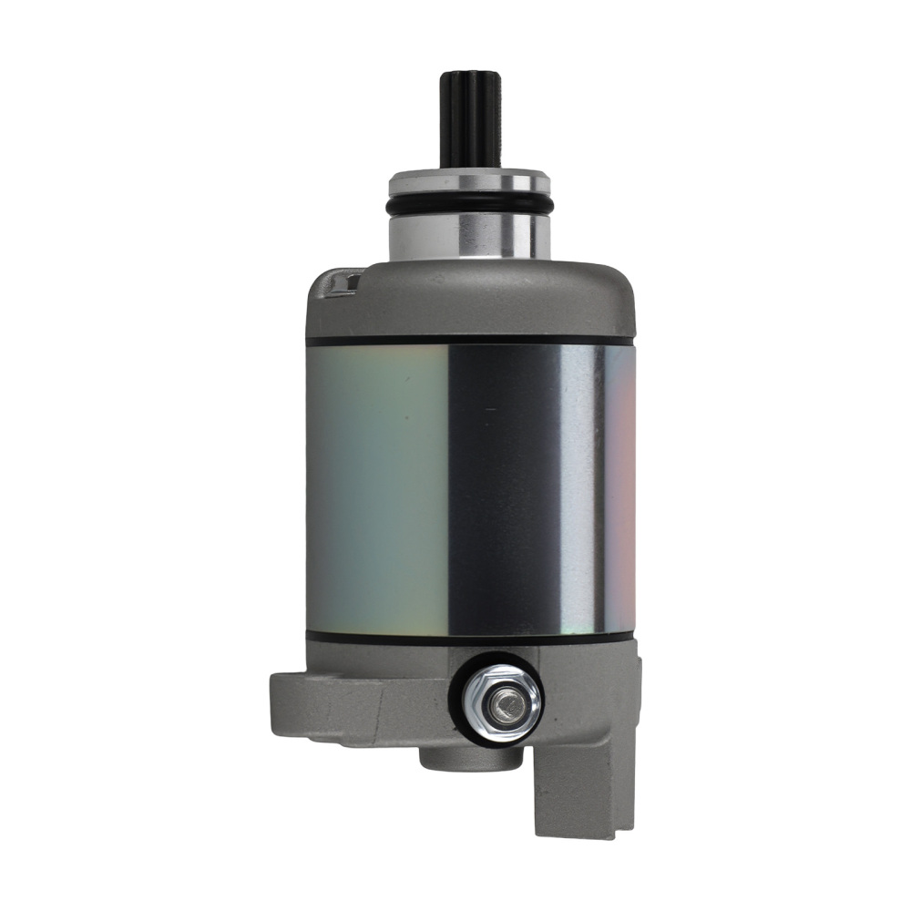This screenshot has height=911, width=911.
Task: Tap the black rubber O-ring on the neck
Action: click(x=470, y=206)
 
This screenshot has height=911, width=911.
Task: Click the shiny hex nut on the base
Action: click(x=500, y=701)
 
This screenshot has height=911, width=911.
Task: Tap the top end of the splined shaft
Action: click(x=470, y=75)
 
